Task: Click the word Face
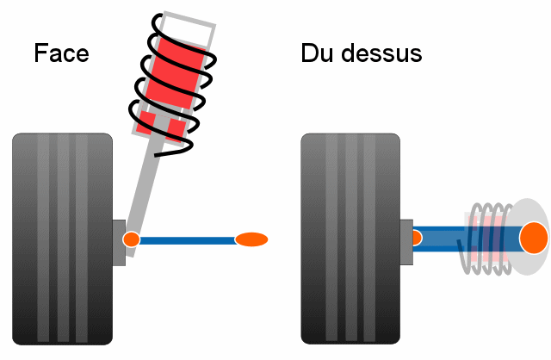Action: (62, 53)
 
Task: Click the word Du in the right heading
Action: (316, 53)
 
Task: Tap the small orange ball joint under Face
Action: (132, 239)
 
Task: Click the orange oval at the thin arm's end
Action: (251, 239)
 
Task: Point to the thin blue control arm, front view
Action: (185, 239)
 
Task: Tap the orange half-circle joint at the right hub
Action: (417, 238)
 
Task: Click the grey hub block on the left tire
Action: (119, 243)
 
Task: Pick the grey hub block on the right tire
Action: (407, 242)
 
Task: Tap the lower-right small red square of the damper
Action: (176, 131)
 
